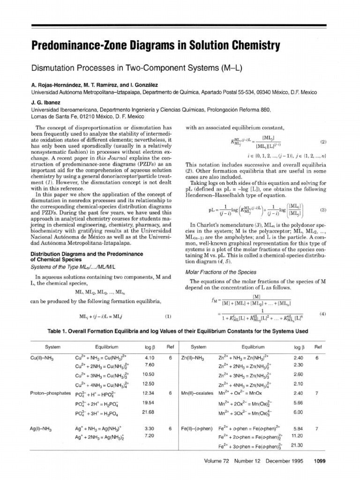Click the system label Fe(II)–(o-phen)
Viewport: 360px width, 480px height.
pyautogui.click(x=198, y=428)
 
